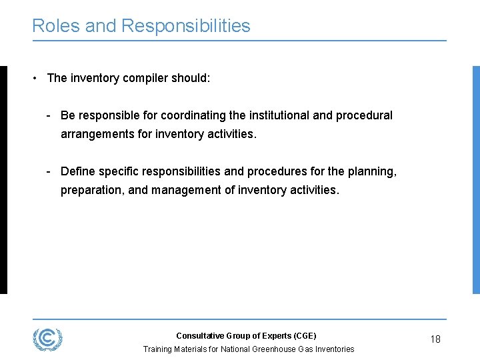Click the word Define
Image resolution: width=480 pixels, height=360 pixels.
pos(77,171)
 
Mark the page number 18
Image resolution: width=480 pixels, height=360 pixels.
pos(435,339)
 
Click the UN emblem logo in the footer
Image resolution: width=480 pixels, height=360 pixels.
pos(47,339)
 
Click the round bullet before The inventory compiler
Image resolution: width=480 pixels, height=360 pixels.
pos(34,78)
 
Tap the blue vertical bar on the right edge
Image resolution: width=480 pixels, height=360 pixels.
pos(476,179)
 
